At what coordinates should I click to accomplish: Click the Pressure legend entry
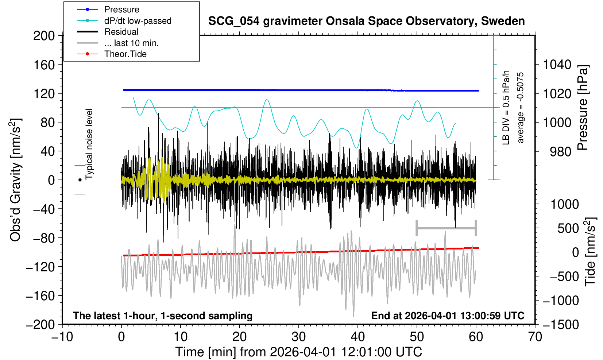point(121,9)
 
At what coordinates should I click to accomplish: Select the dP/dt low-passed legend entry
point(138,21)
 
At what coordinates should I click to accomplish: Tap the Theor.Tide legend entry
point(125,54)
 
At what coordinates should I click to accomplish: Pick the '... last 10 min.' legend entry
point(131,43)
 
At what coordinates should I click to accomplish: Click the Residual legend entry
point(121,32)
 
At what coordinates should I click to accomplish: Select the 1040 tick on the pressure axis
point(557,65)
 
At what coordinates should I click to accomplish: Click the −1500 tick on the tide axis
point(561,324)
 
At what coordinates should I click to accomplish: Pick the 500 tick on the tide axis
point(568,229)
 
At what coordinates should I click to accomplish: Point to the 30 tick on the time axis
point(299,336)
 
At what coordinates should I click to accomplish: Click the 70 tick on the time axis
point(535,336)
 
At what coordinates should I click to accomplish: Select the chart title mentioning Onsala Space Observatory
point(366,21)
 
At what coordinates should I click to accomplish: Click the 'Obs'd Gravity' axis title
point(16,180)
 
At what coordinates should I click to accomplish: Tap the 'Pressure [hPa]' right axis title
point(583,108)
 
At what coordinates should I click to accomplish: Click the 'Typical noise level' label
point(89,144)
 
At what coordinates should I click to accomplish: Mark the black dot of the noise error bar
point(80,180)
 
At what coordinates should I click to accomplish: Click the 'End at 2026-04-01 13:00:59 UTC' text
point(448,316)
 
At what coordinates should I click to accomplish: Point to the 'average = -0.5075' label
point(520,107)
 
